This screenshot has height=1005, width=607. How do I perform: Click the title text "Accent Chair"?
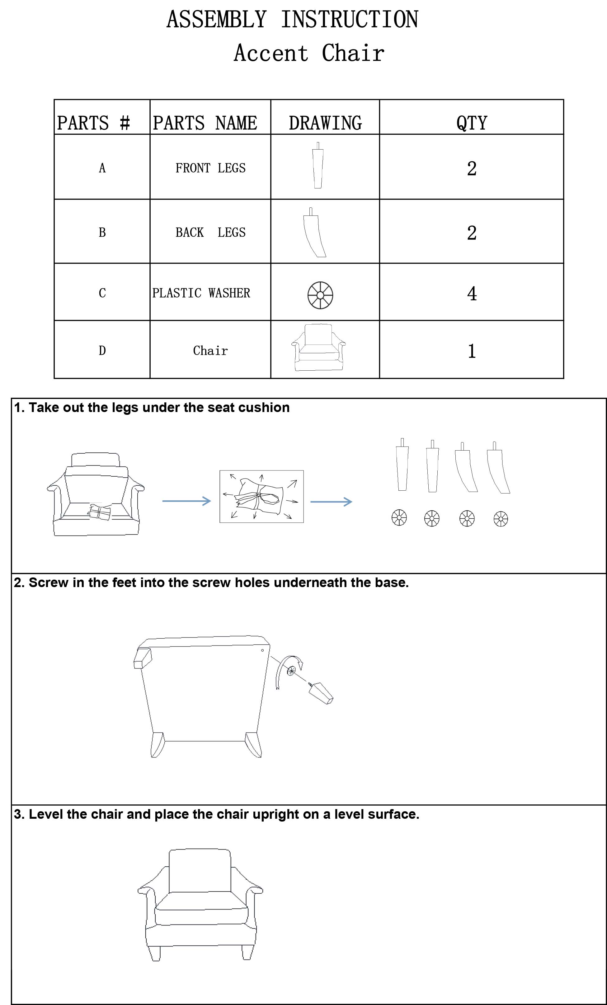click(309, 53)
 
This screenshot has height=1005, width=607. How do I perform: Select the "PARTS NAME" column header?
click(205, 123)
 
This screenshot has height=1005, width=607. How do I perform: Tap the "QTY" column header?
click(472, 123)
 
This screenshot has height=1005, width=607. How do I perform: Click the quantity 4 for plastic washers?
click(472, 293)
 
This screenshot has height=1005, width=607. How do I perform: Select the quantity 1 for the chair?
click(472, 351)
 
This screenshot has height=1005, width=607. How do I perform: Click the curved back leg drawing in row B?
click(313, 233)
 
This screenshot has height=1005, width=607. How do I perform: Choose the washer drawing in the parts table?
click(320, 294)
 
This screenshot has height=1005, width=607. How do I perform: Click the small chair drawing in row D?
click(318, 347)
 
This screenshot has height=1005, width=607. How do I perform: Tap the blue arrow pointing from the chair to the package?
click(186, 501)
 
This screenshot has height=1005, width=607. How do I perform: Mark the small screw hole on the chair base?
click(262, 650)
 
